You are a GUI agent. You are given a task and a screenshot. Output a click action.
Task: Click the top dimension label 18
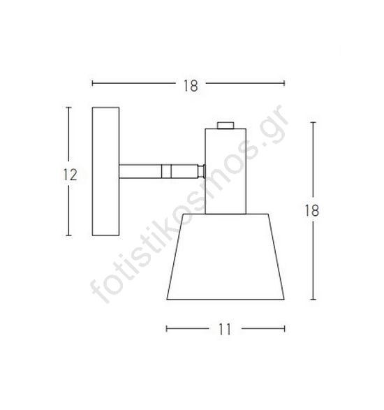pos(191,86)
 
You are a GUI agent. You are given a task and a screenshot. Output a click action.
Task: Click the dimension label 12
pos(70,175)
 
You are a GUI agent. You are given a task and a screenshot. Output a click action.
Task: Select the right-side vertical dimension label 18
pos(312,210)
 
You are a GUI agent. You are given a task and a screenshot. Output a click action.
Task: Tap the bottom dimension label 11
pos(225,329)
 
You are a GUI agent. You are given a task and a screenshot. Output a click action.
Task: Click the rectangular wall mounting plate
pos(106,171)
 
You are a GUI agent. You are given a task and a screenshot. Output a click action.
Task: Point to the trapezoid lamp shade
pos(226,256)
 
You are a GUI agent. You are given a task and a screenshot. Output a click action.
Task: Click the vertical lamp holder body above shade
pos(226,171)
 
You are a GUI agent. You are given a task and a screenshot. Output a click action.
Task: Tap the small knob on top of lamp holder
pos(226,125)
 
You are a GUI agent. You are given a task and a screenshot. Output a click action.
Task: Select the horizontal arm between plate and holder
pos(158,171)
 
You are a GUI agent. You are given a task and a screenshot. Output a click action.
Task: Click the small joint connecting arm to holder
pos(201,171)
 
